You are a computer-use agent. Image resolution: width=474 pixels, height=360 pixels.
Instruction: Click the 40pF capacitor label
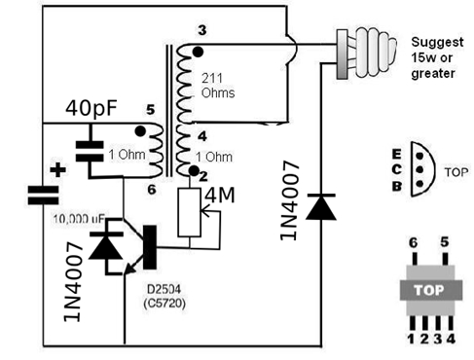coord(91,108)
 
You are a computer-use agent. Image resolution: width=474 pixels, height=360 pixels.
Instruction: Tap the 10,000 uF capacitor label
coord(79,220)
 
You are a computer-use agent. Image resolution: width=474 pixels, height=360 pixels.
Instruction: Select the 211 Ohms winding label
coord(218,86)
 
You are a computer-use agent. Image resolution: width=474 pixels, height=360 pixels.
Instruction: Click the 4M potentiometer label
coord(220,196)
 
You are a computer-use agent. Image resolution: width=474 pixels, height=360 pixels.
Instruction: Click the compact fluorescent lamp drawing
coord(366,54)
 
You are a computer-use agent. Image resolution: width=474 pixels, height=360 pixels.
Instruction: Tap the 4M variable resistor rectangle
coord(189,212)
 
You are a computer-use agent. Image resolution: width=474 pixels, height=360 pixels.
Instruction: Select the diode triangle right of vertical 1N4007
coord(321,207)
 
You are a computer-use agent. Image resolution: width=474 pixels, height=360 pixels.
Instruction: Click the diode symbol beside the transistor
coord(106,245)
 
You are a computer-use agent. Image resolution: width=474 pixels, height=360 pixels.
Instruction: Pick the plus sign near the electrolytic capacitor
coord(57,169)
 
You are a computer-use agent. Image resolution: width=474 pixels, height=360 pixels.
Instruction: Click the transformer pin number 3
coord(202,30)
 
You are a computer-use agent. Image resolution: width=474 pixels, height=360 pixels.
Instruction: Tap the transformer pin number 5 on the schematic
coord(150,110)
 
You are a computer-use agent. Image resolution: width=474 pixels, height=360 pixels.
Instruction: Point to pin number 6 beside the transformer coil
coord(152,190)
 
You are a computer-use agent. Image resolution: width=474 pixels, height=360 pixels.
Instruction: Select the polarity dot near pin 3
coord(198,52)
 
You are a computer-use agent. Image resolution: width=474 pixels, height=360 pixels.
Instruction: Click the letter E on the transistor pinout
coord(397,155)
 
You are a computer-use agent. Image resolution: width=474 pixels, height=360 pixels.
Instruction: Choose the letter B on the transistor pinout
coord(397,186)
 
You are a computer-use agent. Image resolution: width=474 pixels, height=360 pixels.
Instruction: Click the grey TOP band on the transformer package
coord(431,290)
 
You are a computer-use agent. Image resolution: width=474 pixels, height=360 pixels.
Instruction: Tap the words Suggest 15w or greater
coord(437,57)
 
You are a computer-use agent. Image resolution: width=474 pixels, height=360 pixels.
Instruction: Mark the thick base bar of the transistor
coord(150,247)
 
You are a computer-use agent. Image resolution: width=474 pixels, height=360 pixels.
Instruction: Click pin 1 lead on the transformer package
coord(413,323)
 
